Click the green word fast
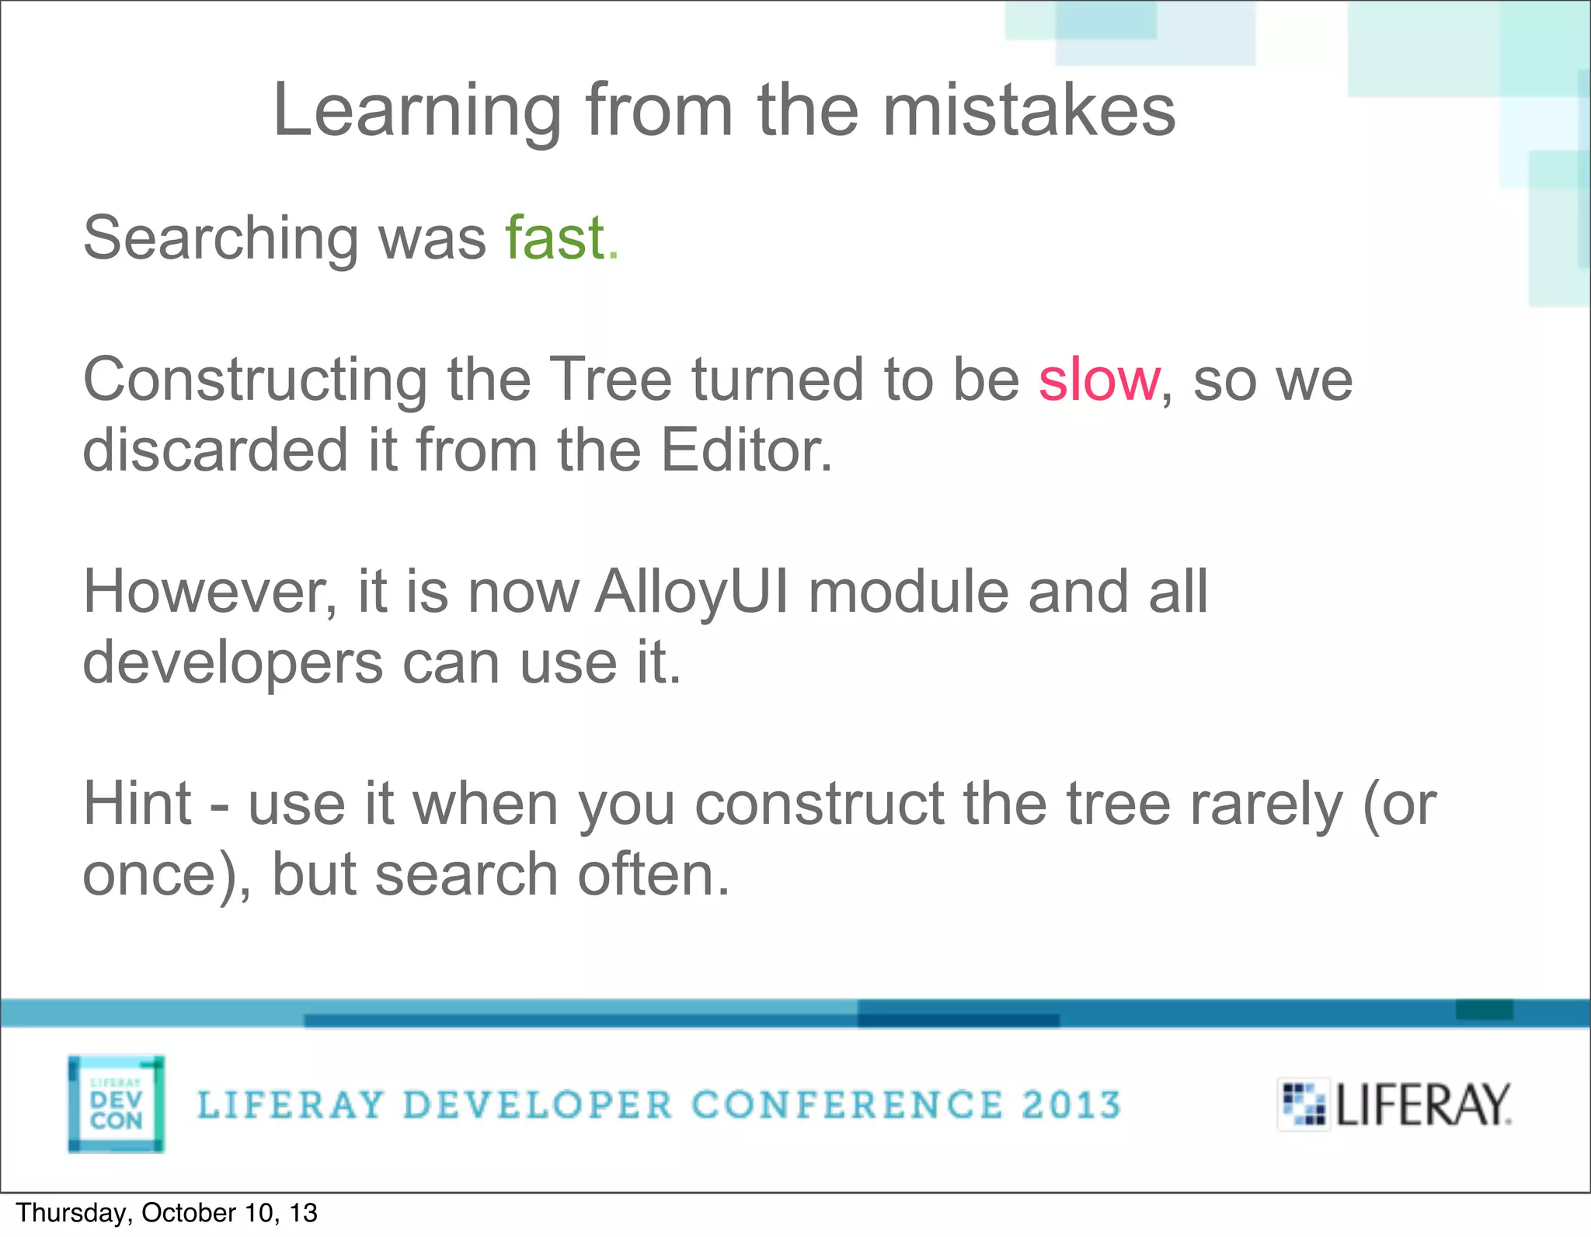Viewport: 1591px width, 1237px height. (555, 238)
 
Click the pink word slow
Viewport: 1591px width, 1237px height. (1099, 380)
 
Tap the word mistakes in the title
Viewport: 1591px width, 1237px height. (1029, 110)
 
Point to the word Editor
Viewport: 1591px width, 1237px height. (746, 450)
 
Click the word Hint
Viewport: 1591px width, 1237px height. (138, 804)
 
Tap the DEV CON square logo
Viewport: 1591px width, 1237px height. (117, 1103)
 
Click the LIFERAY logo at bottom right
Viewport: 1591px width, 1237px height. (1394, 1104)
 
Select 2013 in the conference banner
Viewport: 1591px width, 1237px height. (1071, 1104)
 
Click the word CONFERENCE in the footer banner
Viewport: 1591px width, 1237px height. (847, 1104)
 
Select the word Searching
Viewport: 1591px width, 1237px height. (219, 239)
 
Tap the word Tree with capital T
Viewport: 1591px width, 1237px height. (610, 380)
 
